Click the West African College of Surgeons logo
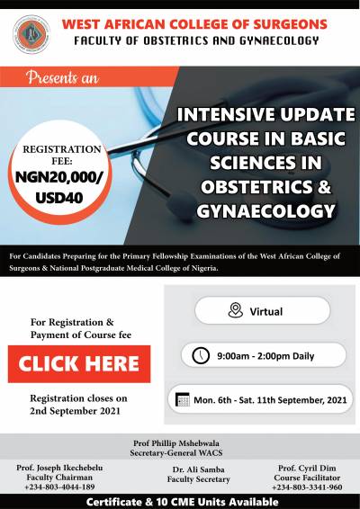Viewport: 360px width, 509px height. tap(31, 34)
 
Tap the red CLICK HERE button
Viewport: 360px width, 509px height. tap(79, 364)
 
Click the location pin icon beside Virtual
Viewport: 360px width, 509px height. tap(236, 310)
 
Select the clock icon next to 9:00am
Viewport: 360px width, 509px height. tap(201, 355)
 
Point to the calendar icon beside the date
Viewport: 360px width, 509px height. tap(183, 399)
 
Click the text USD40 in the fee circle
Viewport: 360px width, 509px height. tap(59, 198)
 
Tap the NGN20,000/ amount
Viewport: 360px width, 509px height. tap(59, 177)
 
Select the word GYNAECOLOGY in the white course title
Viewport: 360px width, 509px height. tap(265, 211)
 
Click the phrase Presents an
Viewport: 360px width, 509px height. tap(62, 77)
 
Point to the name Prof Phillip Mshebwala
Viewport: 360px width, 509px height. tap(176, 443)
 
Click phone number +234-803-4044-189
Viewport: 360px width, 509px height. tap(59, 487)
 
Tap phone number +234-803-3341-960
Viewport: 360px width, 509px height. tap(307, 487)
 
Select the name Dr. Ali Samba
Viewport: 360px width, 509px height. tap(199, 469)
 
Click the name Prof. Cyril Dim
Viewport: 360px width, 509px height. tap(307, 469)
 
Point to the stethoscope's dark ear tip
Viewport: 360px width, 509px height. tap(181, 203)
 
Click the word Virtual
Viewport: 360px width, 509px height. tap(266, 312)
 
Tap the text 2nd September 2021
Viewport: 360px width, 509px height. tap(75, 411)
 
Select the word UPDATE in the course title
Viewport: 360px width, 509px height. tap(318, 114)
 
